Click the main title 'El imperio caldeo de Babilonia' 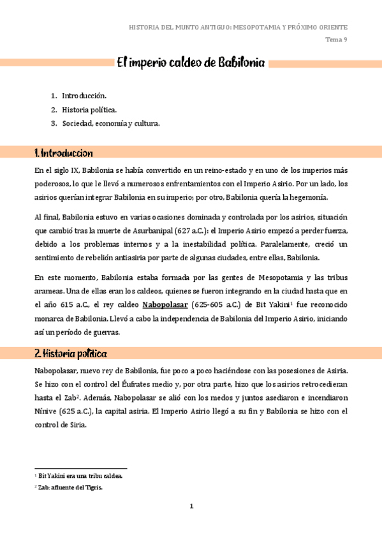coord(190,63)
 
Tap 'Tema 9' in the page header coord(336,40)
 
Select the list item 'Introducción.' coord(83,96)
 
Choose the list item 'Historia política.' coord(89,109)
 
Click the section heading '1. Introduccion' coord(64,153)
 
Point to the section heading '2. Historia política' coord(70,353)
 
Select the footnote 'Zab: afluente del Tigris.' coord(70,487)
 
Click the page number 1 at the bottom coord(191,507)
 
